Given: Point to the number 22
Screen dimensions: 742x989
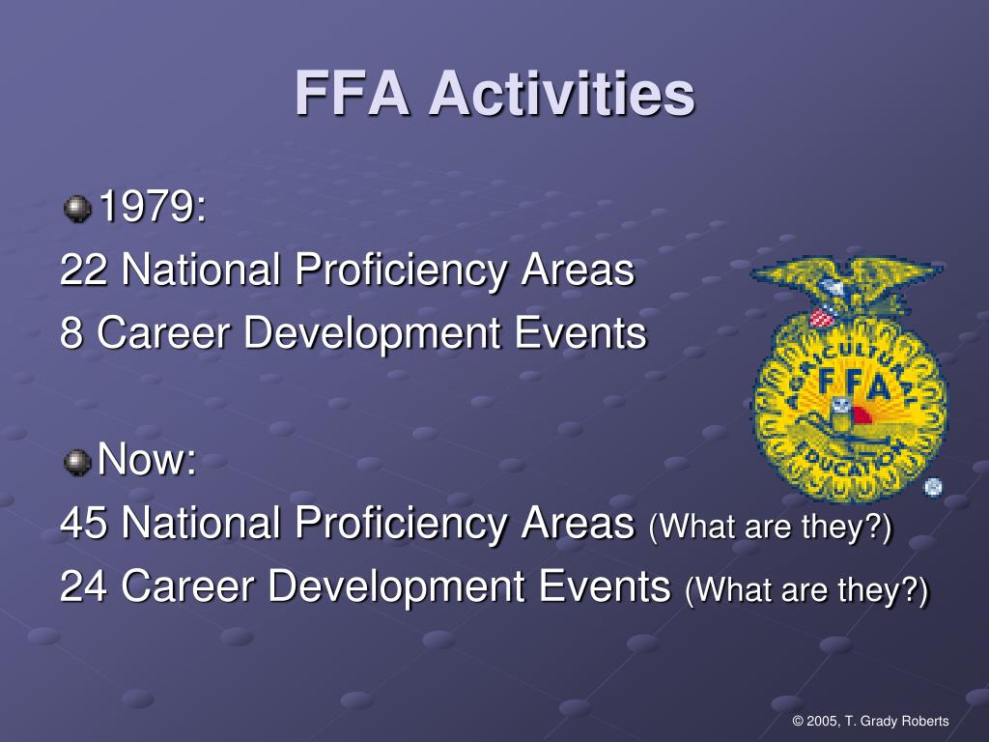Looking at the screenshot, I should [84, 271].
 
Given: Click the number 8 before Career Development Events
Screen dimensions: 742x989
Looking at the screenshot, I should [71, 333].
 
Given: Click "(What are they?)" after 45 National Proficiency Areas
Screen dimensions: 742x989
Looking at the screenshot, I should [771, 528].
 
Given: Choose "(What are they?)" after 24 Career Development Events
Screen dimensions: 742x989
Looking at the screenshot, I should [806, 590].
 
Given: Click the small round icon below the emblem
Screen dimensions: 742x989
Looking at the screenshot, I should [932, 488].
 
